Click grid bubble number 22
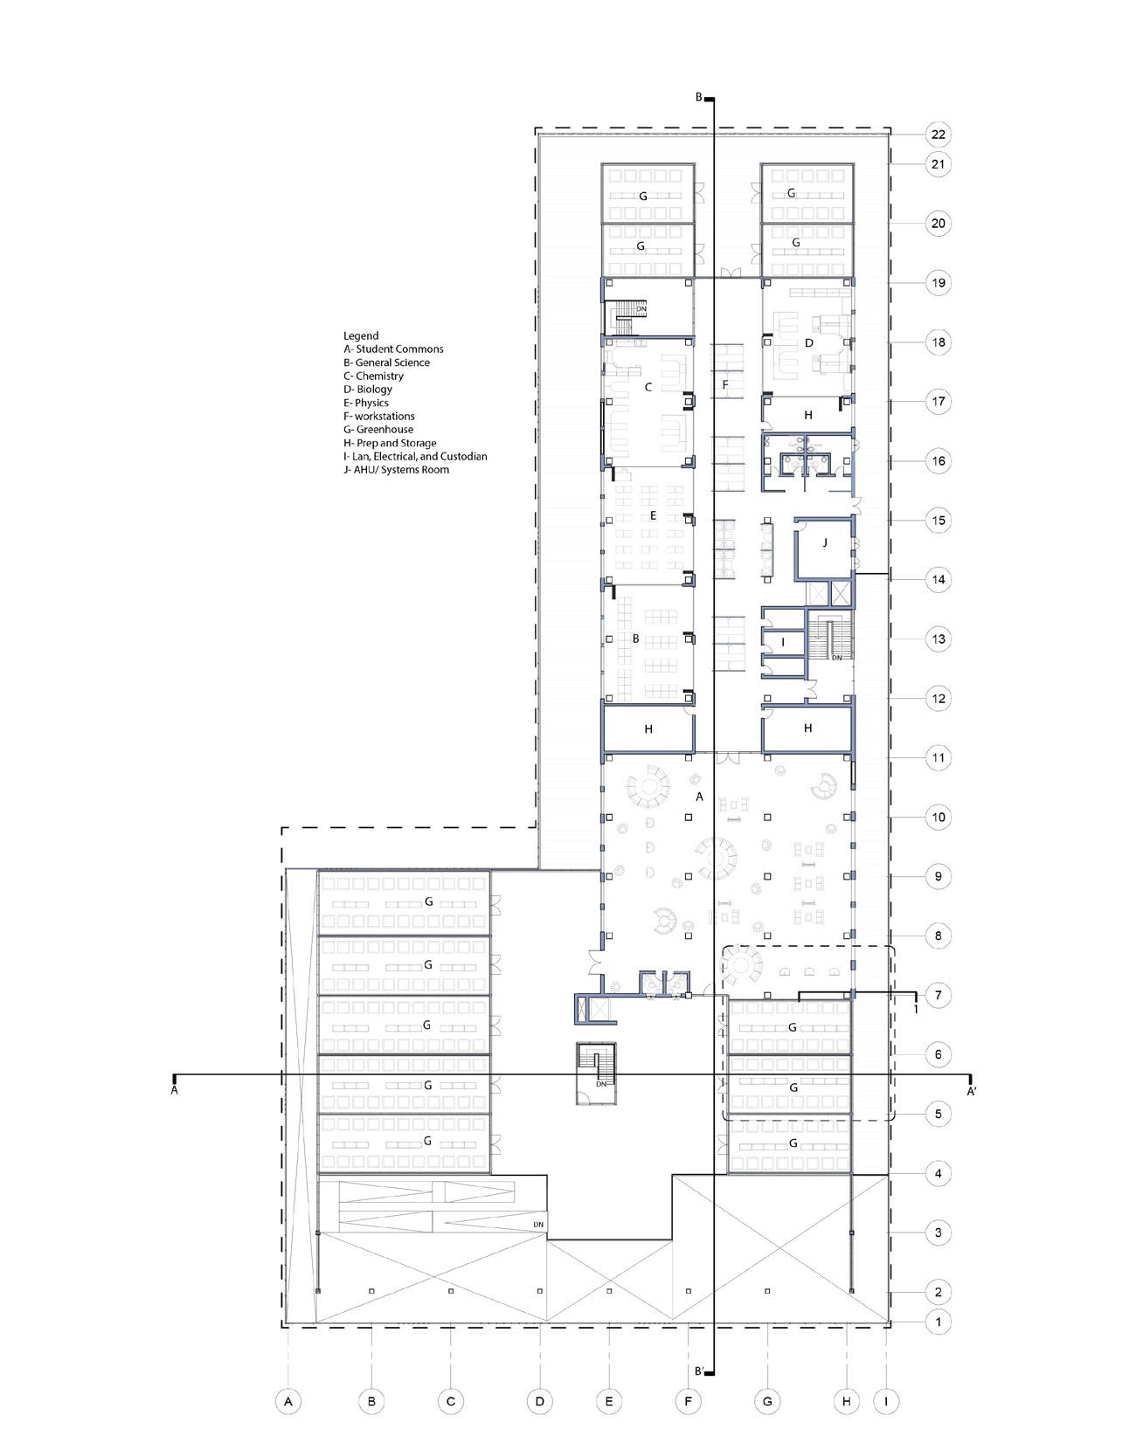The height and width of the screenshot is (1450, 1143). tap(938, 135)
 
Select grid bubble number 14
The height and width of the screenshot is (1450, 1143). tap(938, 579)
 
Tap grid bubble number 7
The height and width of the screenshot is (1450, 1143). tap(938, 995)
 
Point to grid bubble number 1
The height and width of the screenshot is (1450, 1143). tap(938, 1322)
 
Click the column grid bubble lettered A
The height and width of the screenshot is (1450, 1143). tap(287, 1402)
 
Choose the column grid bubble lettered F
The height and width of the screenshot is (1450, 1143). tap(689, 1402)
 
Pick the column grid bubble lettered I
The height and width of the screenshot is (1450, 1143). tap(886, 1402)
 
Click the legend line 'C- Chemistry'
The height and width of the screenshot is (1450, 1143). tap(373, 376)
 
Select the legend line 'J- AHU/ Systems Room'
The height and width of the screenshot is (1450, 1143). tap(396, 470)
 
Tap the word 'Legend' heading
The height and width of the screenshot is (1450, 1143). tap(361, 335)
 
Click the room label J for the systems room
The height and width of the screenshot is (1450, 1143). tap(824, 542)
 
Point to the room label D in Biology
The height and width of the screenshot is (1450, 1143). tap(809, 343)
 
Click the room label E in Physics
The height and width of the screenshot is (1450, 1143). tap(653, 515)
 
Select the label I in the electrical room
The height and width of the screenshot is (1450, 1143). tap(783, 642)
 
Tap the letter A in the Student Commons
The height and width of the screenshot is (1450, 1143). tap(698, 797)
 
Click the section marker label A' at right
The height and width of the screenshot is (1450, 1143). tap(971, 1091)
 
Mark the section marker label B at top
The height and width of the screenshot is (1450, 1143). tap(698, 98)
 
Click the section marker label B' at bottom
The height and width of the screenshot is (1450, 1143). tap(699, 1371)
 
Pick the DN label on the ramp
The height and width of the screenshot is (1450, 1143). tap(538, 1225)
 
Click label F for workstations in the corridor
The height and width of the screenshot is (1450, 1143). tap(724, 384)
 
